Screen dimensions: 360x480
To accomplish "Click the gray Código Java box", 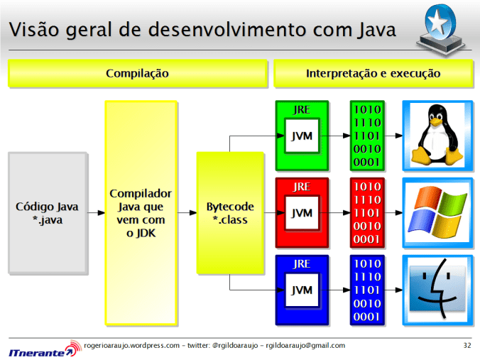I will (48, 213).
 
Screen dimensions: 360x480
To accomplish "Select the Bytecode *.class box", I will (230, 213).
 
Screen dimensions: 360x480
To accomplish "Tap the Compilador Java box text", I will (141, 213).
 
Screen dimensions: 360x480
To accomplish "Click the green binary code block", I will (367, 136).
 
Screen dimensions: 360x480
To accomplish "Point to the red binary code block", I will (367, 212).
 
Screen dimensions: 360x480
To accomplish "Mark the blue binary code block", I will (367, 290).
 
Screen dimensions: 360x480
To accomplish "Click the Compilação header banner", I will (137, 73).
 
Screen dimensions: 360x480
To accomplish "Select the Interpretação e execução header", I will (373, 73).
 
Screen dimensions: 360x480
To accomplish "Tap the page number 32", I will (467, 346).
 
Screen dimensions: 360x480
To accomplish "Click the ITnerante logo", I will (40, 350).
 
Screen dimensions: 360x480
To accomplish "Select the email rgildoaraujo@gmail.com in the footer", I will (305, 346).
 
